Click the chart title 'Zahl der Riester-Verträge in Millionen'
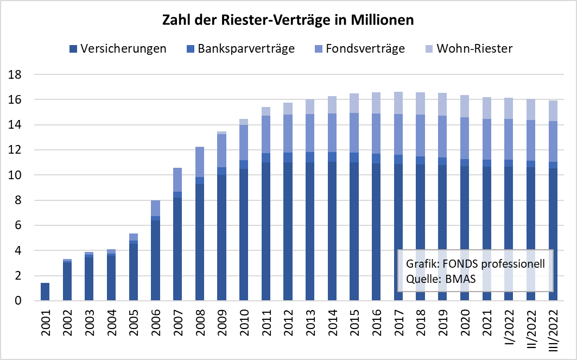click(288, 21)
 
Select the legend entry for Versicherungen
click(118, 49)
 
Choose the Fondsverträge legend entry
click(359, 49)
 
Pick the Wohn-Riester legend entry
click(466, 49)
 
